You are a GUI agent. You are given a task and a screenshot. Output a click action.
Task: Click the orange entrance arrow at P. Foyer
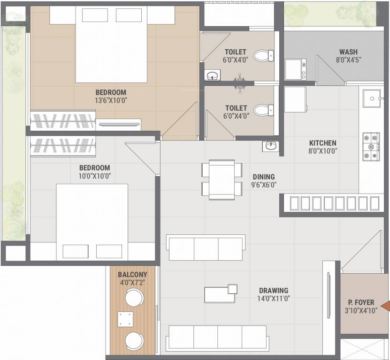pyautogui.click(x=385, y=307)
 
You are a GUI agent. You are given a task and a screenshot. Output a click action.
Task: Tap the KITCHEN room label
pyautogui.click(x=322, y=143)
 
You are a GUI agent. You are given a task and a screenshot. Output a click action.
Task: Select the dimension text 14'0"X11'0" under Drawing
pyautogui.click(x=272, y=299)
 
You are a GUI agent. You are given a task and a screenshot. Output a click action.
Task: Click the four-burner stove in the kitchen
pyautogui.click(x=371, y=147)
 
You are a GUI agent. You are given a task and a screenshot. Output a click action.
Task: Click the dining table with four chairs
pyautogui.click(x=222, y=180)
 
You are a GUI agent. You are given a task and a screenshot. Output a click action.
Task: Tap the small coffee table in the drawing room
pyautogui.click(x=220, y=294)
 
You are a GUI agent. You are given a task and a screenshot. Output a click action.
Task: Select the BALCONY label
pyautogui.click(x=132, y=274)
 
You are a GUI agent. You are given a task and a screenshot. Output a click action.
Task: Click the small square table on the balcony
pyautogui.click(x=125, y=319)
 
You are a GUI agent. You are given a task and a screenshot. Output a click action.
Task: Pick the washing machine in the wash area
pyautogui.click(x=296, y=69)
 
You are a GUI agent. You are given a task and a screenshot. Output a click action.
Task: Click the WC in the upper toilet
pyautogui.click(x=263, y=56)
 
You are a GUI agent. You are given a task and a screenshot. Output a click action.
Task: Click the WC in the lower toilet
pyautogui.click(x=263, y=111)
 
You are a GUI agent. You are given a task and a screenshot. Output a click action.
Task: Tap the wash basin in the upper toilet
pyautogui.click(x=212, y=75)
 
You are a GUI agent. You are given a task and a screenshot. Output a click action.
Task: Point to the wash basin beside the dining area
pyautogui.click(x=271, y=146)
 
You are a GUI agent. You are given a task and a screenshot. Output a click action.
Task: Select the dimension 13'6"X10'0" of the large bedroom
pyautogui.click(x=111, y=100)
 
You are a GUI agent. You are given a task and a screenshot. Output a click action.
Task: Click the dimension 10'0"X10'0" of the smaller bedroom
pyautogui.click(x=94, y=176)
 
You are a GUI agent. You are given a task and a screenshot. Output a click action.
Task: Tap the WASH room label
pyautogui.click(x=348, y=52)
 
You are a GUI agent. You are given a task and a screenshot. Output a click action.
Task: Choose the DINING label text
pyautogui.click(x=263, y=177)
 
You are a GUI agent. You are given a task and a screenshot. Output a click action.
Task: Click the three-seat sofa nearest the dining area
pyautogui.click(x=206, y=248)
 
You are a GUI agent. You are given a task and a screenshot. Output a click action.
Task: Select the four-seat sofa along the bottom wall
pyautogui.click(x=217, y=337)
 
